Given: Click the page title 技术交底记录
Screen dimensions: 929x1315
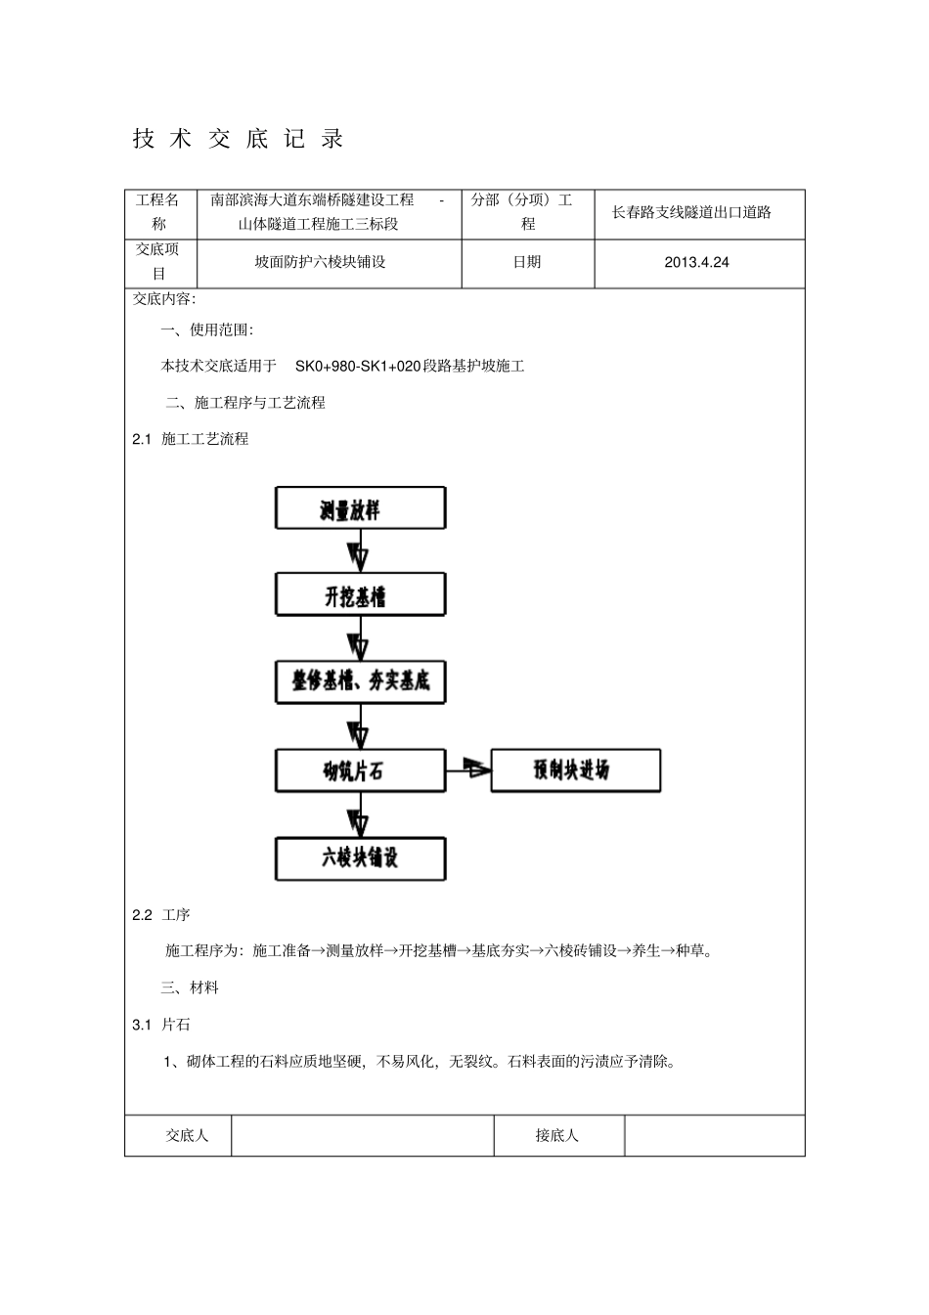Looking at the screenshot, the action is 239,139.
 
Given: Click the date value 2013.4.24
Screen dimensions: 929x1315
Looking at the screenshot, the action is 696,262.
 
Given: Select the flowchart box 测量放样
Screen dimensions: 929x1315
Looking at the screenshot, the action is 360,509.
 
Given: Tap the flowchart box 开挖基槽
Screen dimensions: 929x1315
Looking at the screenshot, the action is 360,595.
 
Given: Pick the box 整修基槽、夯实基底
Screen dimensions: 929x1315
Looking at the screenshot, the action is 360,681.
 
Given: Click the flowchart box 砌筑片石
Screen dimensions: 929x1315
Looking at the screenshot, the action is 360,770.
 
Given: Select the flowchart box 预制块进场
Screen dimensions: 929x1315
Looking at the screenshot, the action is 575,770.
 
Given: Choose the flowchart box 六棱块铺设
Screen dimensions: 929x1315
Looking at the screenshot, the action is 360,858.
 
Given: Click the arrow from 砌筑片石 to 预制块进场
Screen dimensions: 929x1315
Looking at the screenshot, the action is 468,770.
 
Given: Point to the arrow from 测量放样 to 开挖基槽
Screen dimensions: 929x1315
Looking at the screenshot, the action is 360,551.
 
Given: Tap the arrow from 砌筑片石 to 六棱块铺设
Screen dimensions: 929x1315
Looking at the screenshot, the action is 360,814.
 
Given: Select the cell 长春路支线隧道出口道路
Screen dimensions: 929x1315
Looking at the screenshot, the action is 691,212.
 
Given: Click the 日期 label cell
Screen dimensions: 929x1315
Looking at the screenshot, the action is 527,262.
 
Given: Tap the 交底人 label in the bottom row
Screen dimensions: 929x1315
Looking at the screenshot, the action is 186,1135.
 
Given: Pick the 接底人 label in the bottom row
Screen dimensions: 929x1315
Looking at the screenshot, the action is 557,1135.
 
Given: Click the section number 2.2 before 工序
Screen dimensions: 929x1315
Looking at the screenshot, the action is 143,915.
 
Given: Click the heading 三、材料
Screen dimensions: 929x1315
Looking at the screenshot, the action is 190,987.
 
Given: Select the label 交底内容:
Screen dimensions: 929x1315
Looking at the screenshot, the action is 164,299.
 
